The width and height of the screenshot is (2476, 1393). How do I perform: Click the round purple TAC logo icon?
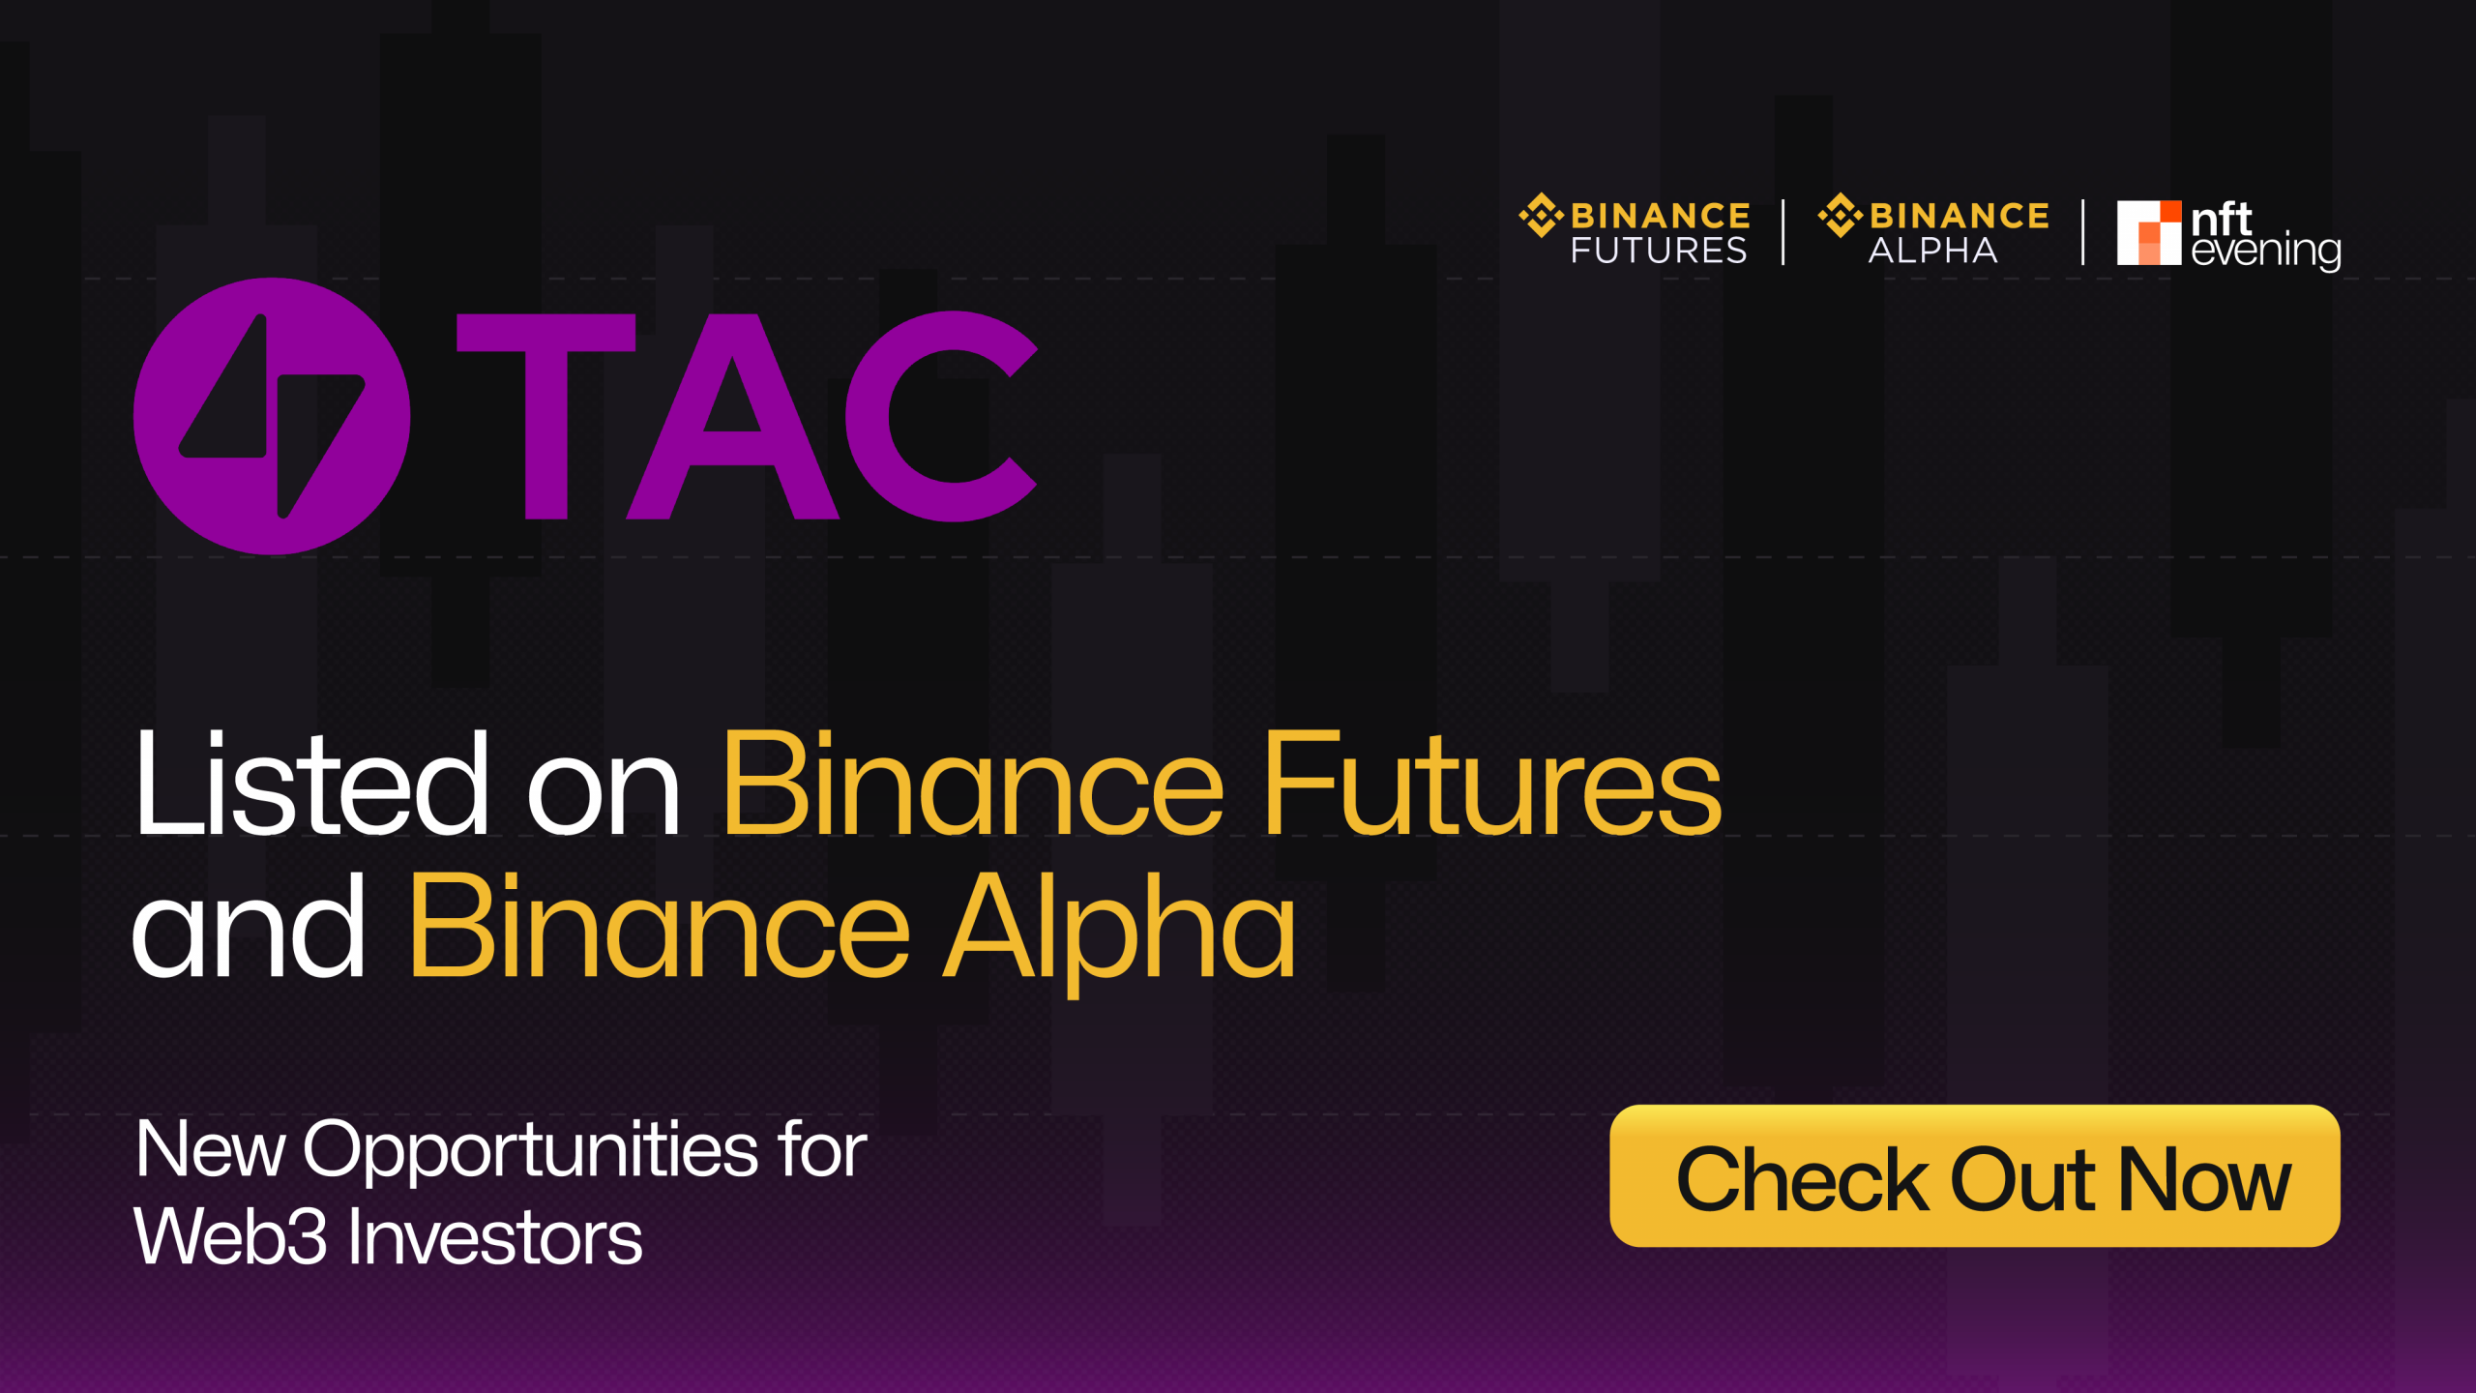pos(272,416)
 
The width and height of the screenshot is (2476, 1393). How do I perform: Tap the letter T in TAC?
pos(546,416)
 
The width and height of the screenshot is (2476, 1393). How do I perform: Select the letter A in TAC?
pos(732,416)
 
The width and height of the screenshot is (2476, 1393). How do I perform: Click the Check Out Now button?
pos(1975,1175)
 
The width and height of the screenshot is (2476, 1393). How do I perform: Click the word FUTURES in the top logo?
pos(1659,251)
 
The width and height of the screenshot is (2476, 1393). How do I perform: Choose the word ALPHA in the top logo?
pos(1932,251)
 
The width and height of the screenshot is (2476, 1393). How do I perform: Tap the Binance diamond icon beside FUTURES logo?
pos(1541,215)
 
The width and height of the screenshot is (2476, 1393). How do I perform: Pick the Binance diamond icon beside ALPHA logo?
pos(1841,215)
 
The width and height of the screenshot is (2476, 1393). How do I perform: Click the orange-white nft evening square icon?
pos(2149,232)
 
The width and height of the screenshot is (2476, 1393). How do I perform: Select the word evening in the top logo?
pos(2266,252)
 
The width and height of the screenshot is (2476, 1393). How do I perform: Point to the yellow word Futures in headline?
pos(1492,783)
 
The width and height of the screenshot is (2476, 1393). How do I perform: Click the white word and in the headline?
pos(249,926)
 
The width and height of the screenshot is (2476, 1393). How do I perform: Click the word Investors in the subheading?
pos(494,1237)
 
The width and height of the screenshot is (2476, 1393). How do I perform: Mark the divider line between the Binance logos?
pos(1783,232)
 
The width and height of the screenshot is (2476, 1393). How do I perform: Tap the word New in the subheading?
pos(210,1149)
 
